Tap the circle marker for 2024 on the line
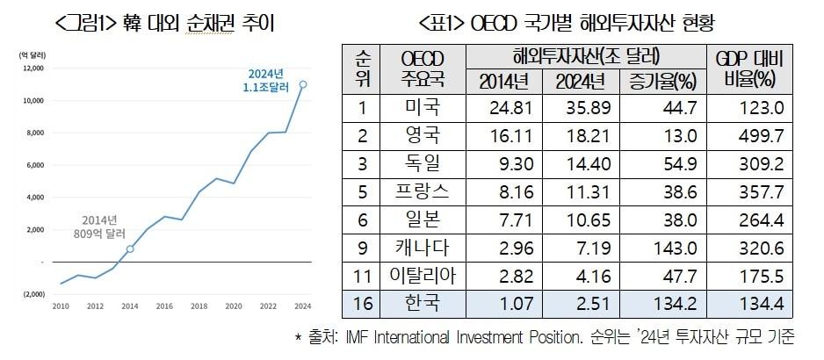[303, 85]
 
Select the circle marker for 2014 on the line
[130, 248]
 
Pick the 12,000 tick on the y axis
[31, 68]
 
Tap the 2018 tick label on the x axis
[199, 306]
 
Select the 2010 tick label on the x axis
[61, 306]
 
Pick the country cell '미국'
[422, 109]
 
